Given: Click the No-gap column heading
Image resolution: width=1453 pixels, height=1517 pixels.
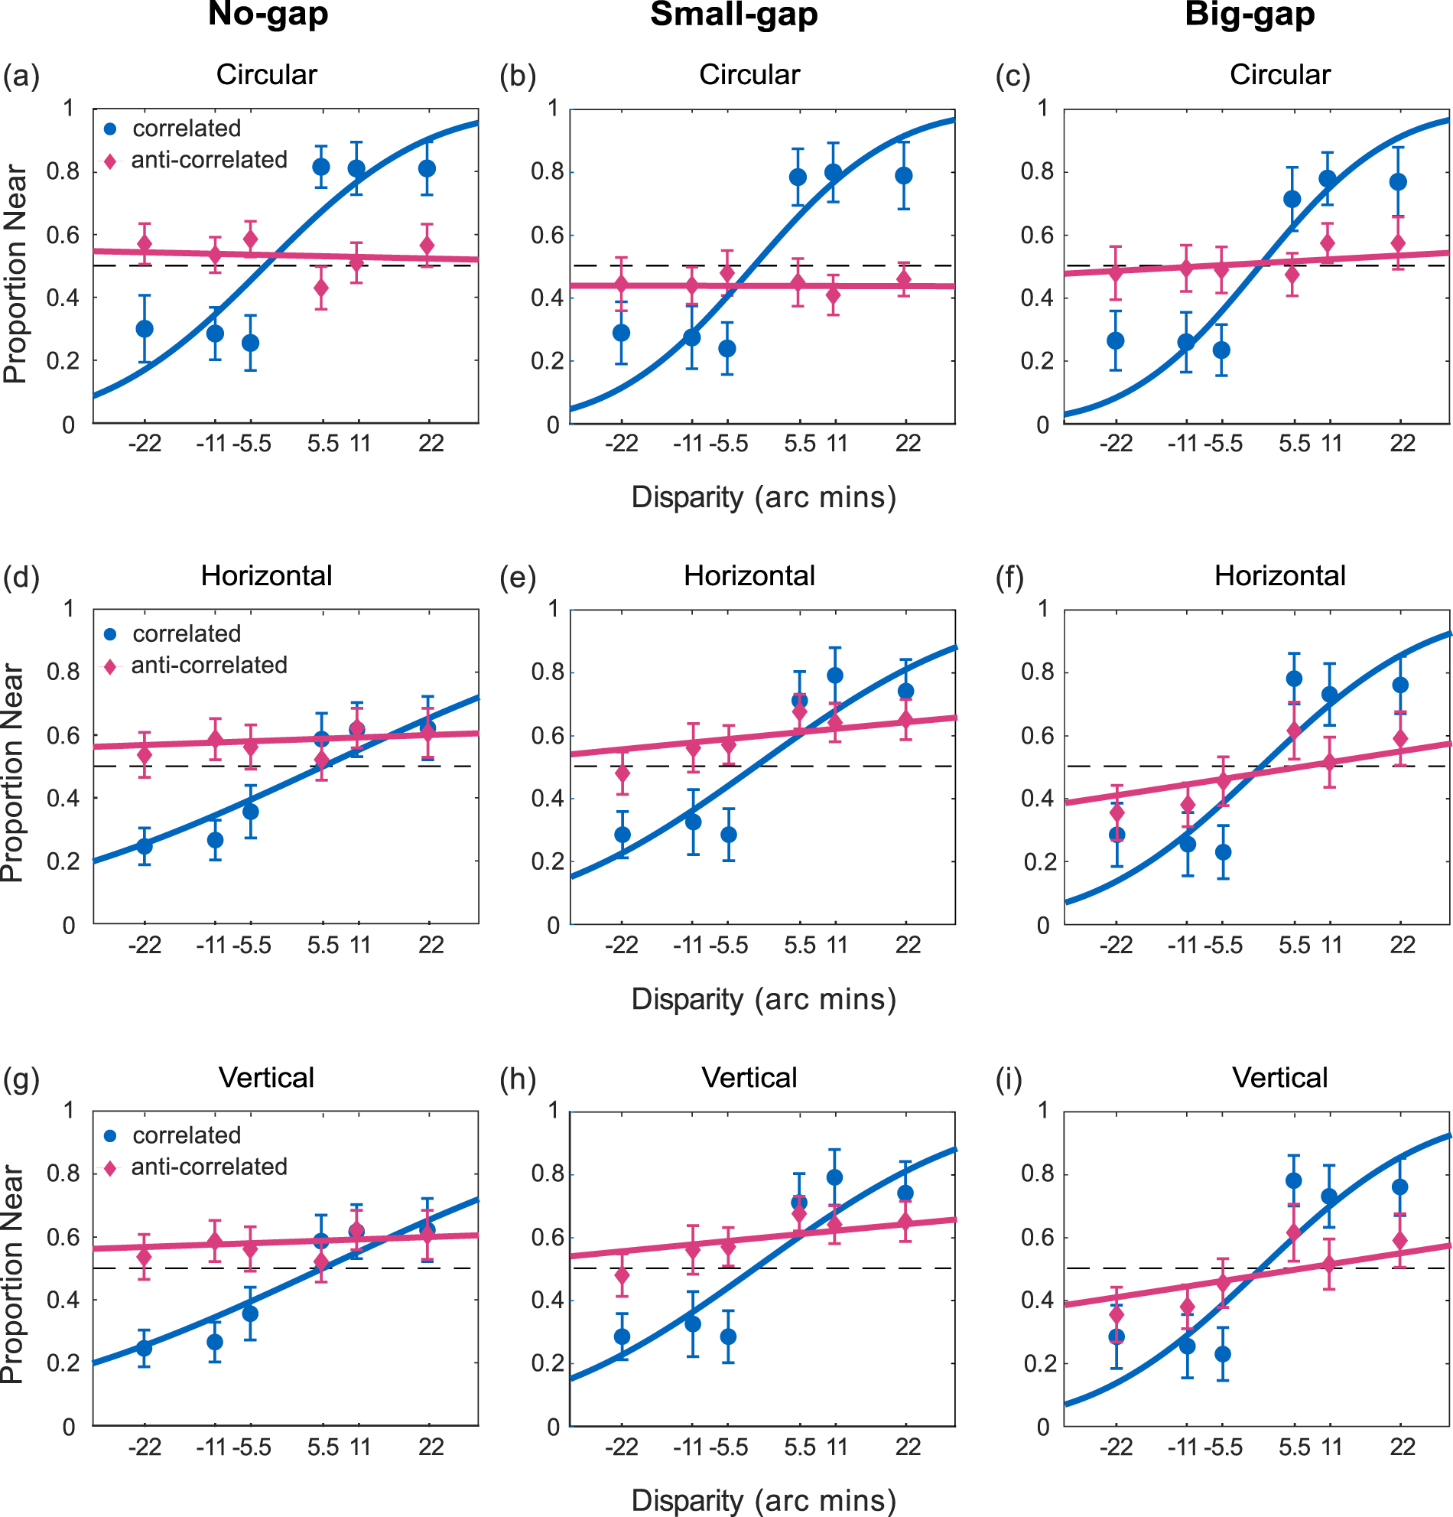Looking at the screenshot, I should (268, 14).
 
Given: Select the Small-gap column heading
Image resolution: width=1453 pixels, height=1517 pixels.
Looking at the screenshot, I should (733, 14).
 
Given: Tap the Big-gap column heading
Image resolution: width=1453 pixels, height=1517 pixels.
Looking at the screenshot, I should (1250, 14).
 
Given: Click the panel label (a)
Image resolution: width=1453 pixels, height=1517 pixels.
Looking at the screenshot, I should (21, 76).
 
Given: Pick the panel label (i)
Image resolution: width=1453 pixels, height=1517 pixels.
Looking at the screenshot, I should (1009, 1079).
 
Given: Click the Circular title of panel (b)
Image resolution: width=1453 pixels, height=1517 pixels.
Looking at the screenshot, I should (749, 74).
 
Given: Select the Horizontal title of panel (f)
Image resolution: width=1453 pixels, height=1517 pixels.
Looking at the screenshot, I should (1279, 576).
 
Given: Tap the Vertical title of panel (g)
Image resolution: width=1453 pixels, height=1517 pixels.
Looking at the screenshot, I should (266, 1077).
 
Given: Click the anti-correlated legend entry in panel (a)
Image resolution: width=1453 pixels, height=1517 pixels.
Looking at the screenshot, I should (209, 160).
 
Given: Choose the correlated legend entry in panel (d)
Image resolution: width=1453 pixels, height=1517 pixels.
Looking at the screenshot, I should (187, 634).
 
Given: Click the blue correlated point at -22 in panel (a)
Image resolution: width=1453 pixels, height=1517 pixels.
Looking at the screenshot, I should (145, 329).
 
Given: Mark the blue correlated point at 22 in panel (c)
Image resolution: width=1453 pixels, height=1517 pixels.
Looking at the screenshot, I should (1398, 182).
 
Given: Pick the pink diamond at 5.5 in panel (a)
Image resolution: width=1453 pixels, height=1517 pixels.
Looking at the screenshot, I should (321, 288).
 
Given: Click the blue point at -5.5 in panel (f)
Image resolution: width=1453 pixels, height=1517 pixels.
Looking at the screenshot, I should (1223, 852).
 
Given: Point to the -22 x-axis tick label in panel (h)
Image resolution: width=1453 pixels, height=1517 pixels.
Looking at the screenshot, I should (621, 1447).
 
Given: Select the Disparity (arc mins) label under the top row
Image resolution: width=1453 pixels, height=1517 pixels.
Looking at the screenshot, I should (764, 497).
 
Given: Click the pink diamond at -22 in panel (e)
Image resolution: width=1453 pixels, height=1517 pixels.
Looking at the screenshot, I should (622, 773).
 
